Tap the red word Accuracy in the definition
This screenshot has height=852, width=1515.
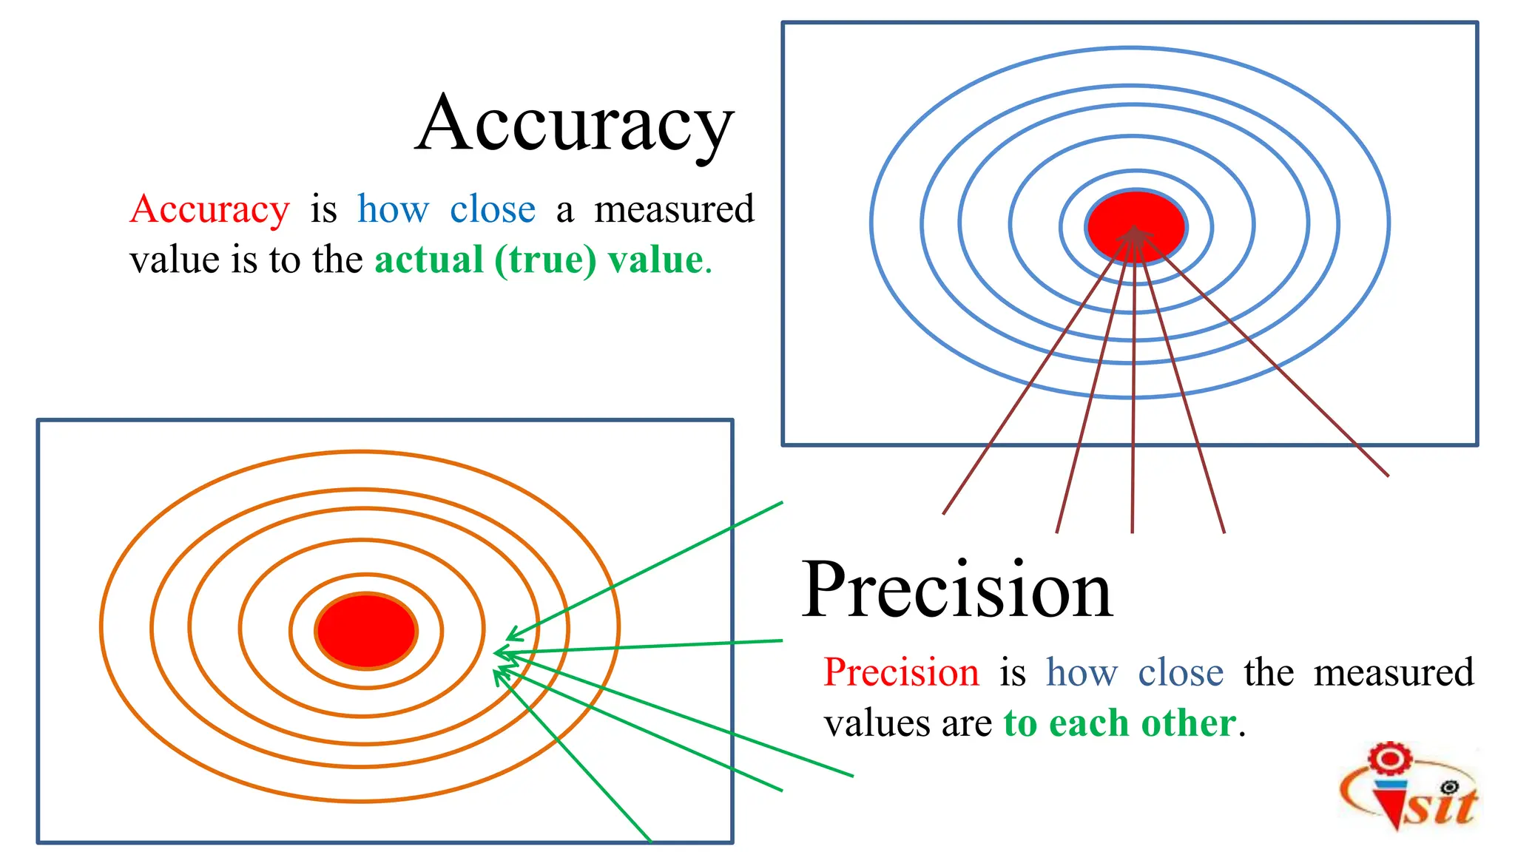pos(209,209)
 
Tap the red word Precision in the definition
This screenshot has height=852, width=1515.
pos(901,672)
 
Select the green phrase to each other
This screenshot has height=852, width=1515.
pos(1119,723)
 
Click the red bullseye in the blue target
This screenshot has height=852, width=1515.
pos(1136,226)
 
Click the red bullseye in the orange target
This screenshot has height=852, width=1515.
pos(366,631)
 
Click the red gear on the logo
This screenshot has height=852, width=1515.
pos(1389,759)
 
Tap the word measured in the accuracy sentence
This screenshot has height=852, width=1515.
pos(674,209)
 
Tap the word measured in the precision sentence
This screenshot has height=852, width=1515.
pos(1394,672)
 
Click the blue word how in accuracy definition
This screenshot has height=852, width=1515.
pos(393,209)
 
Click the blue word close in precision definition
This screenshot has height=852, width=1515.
pos(1180,672)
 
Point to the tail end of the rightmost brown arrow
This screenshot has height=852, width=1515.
pos(1388,476)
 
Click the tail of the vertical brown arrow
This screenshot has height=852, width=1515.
pos(1133,532)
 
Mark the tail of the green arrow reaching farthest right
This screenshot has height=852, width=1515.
pos(852,776)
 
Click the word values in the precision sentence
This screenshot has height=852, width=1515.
pos(876,723)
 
